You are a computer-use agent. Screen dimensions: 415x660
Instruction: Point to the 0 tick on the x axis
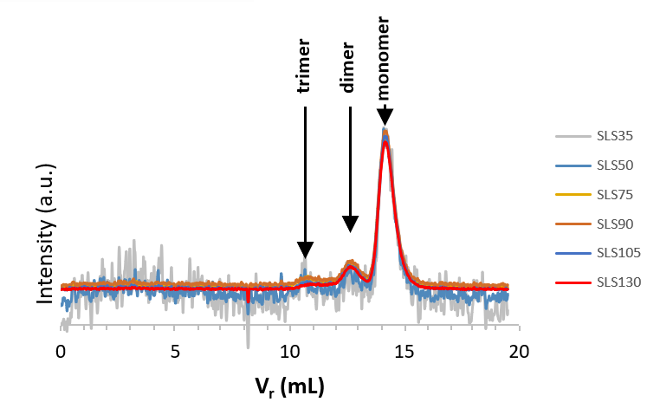pos(61,353)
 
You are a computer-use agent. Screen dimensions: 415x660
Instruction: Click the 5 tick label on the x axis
pos(175,353)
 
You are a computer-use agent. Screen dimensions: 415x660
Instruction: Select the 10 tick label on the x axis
pos(289,353)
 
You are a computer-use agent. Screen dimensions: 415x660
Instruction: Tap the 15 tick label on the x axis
pos(404,353)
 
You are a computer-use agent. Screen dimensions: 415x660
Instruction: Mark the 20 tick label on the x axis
pos(519,353)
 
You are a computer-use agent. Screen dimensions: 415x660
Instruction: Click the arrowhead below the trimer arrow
pos(305,250)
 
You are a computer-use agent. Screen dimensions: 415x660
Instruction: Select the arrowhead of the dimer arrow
pos(350,224)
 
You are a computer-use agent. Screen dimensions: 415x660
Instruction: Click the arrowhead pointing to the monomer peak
pos(385,116)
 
